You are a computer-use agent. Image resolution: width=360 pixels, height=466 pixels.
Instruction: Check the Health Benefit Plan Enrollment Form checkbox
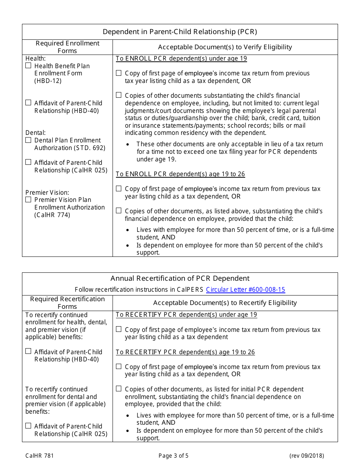point(28,66)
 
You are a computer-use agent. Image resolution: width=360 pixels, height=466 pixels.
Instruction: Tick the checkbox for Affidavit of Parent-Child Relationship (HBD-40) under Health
point(28,103)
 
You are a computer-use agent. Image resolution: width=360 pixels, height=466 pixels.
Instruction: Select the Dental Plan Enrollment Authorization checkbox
point(28,140)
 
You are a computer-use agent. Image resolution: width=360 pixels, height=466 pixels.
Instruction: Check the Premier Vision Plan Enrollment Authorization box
point(28,199)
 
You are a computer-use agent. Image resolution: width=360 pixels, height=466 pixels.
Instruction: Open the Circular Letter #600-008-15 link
point(245,290)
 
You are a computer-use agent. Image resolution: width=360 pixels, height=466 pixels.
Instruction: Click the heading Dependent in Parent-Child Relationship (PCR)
point(180,32)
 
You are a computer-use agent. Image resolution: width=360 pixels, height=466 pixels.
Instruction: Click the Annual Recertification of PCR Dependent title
point(180,278)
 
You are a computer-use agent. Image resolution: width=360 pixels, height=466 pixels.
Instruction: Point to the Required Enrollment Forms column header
point(67,47)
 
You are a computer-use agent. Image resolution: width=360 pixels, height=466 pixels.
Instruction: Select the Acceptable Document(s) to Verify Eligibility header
point(225,47)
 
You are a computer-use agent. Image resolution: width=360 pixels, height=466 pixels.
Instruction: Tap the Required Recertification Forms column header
point(67,303)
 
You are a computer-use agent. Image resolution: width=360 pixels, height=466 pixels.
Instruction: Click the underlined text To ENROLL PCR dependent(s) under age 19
point(181,59)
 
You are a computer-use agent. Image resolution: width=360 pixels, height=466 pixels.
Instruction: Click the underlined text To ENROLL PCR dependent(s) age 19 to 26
point(180,174)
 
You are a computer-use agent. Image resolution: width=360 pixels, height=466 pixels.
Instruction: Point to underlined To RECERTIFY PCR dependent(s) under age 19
point(186,315)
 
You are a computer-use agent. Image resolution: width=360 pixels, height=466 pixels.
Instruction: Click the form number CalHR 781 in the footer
point(39,456)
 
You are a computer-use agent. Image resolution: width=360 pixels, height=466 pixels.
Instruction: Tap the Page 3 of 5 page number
point(180,456)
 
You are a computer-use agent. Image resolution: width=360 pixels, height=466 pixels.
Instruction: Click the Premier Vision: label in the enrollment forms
point(47,192)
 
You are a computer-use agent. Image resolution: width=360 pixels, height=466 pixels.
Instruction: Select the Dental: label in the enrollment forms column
point(36,133)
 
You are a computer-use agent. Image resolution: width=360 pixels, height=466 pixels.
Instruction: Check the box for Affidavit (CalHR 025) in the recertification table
point(28,426)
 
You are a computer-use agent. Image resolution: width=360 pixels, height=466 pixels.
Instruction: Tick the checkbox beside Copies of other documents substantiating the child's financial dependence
point(119,95)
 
